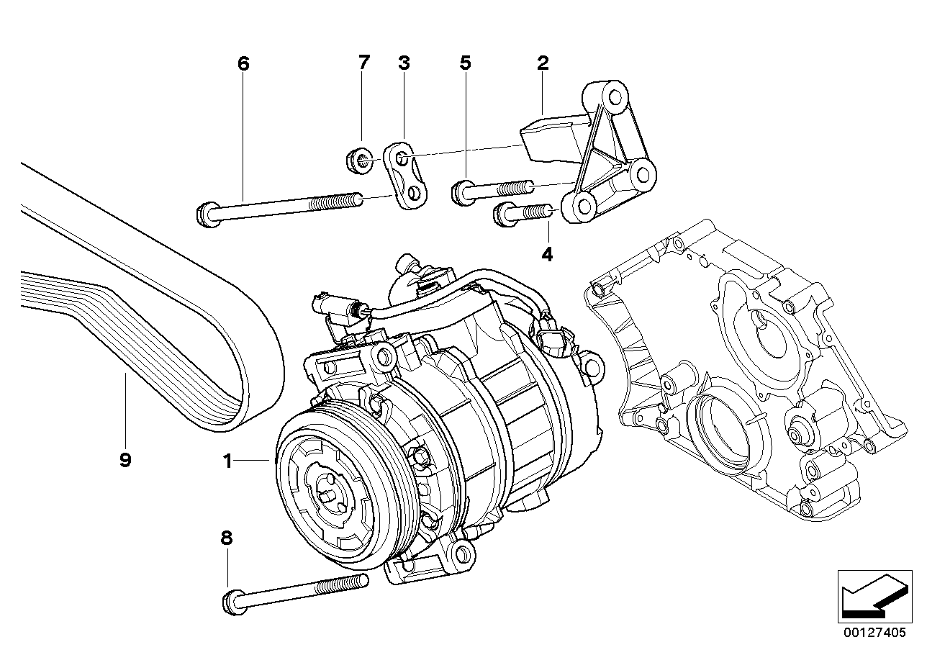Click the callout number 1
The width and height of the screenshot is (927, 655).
click(227, 461)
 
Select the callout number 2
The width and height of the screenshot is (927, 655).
click(543, 63)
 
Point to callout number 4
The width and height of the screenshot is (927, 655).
click(547, 254)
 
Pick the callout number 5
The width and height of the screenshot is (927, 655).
click(466, 63)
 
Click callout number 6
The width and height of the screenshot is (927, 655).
click(243, 63)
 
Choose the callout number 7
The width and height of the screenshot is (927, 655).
click(363, 63)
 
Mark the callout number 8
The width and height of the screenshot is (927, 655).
click(227, 537)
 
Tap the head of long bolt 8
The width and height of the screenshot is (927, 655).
click(233, 600)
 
